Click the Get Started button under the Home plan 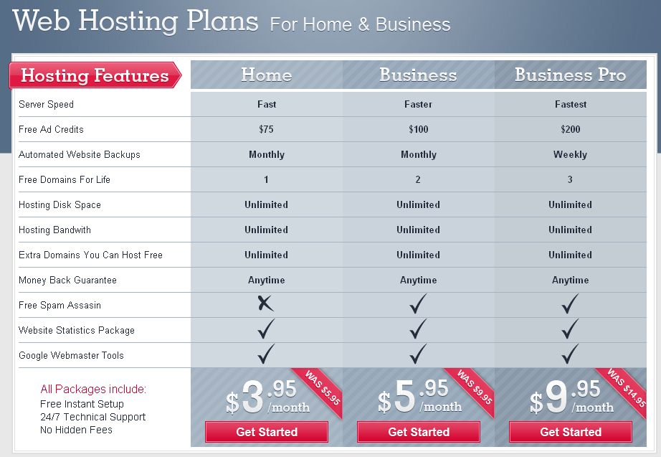(267, 432)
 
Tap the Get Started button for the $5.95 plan (419, 432)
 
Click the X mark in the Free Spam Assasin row (265, 303)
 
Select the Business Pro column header (571, 75)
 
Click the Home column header (267, 75)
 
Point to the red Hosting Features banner (95, 75)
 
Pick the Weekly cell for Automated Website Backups (570, 154)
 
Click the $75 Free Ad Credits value (267, 129)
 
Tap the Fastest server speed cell (571, 104)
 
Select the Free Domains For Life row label (65, 179)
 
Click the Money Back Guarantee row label (67, 280)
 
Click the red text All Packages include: (93, 389)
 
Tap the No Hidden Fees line (76, 430)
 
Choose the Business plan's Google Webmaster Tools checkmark (418, 354)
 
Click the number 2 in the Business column (418, 179)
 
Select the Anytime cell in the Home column (267, 280)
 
